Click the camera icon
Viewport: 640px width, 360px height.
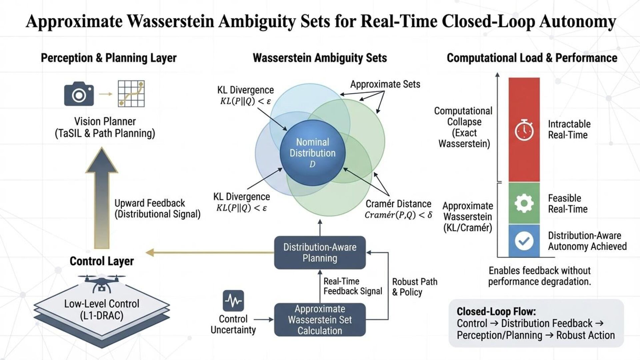tap(79, 94)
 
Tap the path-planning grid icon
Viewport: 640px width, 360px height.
tap(131, 94)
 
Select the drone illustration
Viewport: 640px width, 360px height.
tap(102, 283)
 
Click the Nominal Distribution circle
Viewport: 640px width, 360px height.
tap(312, 153)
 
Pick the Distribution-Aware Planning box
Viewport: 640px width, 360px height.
tap(320, 253)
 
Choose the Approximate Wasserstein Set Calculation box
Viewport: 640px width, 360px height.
tap(320, 320)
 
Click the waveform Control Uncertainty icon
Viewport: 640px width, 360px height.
tap(233, 301)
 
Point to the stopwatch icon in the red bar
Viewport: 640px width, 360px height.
tap(524, 130)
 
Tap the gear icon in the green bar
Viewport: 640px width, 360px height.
tap(524, 203)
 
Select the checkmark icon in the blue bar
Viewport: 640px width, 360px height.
tap(524, 241)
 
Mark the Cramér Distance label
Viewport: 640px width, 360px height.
tap(398, 204)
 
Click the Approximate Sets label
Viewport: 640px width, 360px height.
tap(385, 84)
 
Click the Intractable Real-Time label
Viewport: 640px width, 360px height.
tap(569, 129)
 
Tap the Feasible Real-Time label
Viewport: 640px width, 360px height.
tap(568, 204)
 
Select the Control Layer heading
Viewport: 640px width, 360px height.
tap(102, 261)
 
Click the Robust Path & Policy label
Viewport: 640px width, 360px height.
tap(414, 287)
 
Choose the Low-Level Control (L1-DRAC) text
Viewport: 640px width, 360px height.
tap(102, 309)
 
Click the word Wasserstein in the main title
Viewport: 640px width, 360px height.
tap(170, 21)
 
